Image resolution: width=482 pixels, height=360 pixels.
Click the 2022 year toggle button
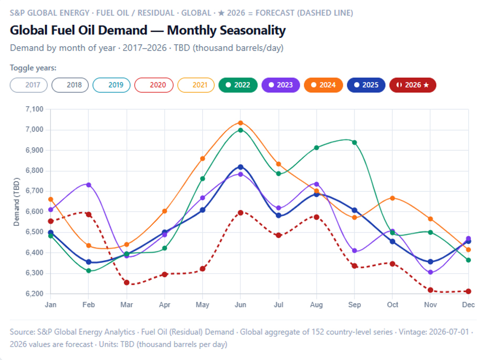point(238,85)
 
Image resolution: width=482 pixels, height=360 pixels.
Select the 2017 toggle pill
point(28,85)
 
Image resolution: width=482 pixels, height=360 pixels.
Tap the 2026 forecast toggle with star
point(413,85)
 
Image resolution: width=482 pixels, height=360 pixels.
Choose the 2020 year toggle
point(154,85)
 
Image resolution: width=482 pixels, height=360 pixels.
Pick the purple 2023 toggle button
point(281,85)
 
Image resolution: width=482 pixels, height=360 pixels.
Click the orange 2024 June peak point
point(240,123)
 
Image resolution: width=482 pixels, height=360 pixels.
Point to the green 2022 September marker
point(354,142)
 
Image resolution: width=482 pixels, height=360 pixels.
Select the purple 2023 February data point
point(89,185)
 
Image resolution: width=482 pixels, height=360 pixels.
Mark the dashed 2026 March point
point(127,282)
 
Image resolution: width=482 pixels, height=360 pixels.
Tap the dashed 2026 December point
point(468,291)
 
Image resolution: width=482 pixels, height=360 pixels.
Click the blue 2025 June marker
point(240,167)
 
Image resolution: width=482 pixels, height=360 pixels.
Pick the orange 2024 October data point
point(393,198)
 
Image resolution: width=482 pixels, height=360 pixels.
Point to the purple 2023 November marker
point(431,272)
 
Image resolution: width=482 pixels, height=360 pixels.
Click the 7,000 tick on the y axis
point(34,129)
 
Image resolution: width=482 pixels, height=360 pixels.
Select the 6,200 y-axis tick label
point(34,294)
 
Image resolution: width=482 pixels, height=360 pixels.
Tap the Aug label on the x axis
point(316,305)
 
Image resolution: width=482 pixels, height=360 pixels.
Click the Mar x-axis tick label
point(127,305)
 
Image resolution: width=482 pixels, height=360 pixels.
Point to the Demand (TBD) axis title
point(16,202)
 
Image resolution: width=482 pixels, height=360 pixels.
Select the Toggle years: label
point(33,68)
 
